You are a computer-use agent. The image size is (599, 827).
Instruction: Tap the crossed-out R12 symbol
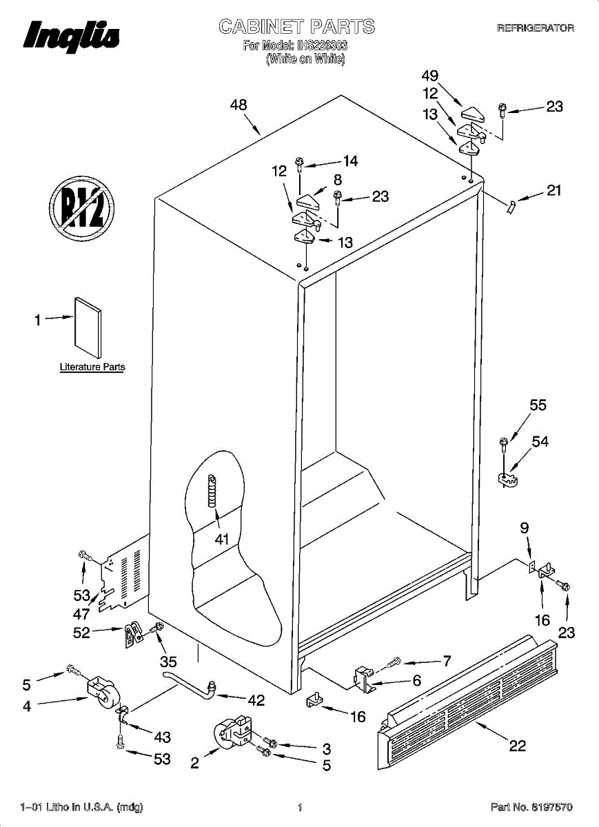(81, 206)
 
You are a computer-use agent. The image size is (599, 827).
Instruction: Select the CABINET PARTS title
(296, 27)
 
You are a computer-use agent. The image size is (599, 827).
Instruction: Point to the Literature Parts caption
(92, 367)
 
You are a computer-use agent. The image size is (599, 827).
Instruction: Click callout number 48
(238, 105)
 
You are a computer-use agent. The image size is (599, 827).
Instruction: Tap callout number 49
(430, 76)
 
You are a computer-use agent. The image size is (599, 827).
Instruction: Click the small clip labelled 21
(511, 205)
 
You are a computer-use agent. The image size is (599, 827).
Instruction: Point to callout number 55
(538, 405)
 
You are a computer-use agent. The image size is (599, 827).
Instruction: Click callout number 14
(350, 161)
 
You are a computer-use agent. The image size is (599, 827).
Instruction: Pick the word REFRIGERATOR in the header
(536, 28)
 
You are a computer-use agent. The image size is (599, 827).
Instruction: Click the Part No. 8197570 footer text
(531, 807)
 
